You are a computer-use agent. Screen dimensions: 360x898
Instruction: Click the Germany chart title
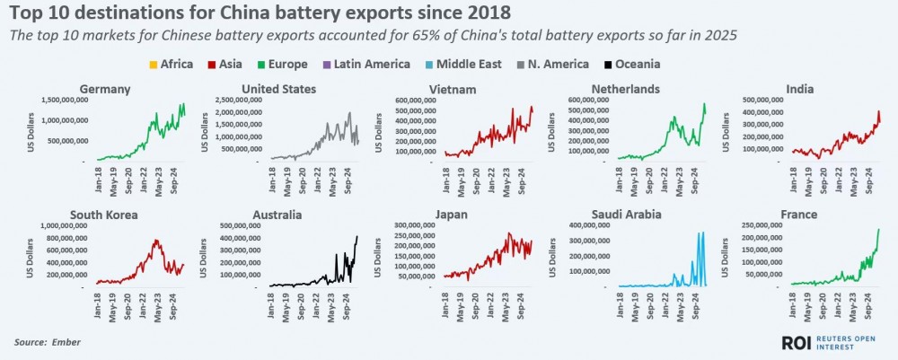(x=106, y=89)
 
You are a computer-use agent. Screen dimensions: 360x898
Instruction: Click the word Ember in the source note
(x=64, y=342)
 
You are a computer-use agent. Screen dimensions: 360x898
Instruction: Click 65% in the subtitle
(x=364, y=36)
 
